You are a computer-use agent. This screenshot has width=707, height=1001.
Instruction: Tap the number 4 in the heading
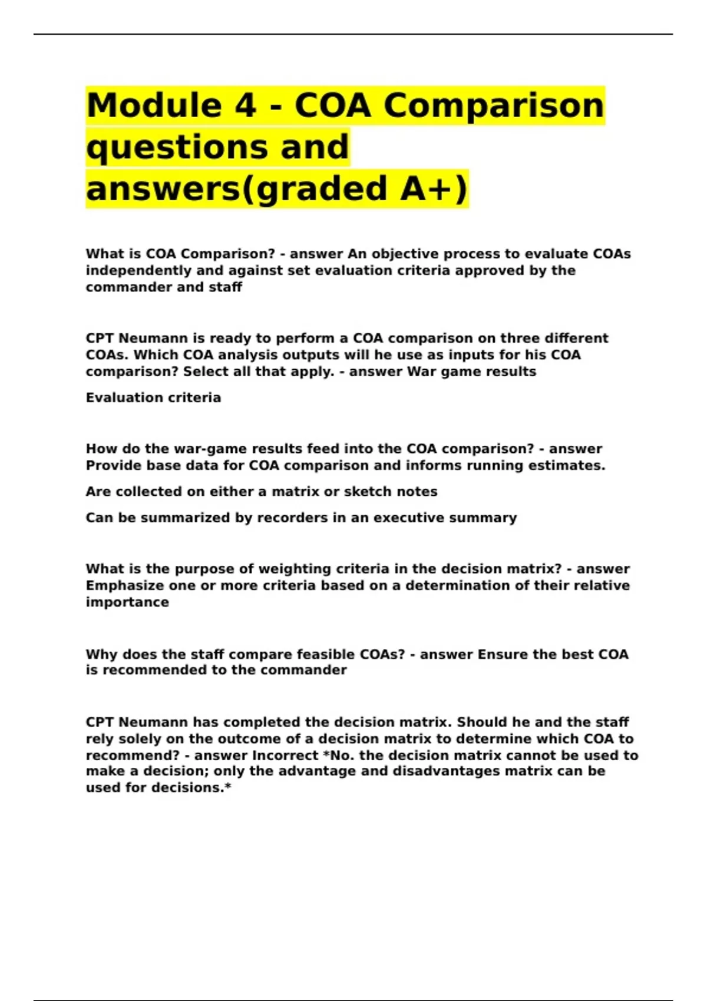click(x=246, y=105)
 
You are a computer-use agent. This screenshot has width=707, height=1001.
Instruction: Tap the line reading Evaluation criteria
click(x=153, y=397)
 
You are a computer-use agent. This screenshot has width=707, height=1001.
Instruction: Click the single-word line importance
click(x=127, y=602)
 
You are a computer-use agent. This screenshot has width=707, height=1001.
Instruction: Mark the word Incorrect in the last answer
click(x=285, y=755)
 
